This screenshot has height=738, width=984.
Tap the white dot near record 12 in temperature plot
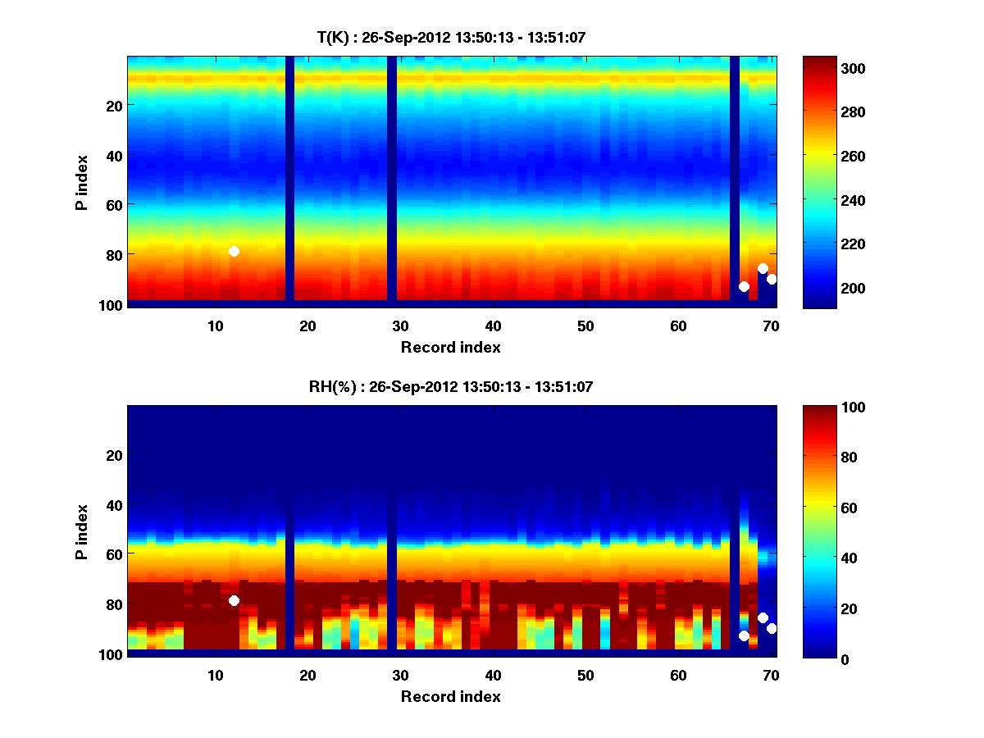point(234,251)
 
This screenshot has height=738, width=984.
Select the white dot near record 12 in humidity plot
point(234,600)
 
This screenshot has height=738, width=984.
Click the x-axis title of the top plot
point(451,347)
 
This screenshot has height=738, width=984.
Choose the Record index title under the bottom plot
point(451,696)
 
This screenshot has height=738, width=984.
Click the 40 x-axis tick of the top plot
point(493,325)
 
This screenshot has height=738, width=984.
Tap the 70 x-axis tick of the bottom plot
point(771,674)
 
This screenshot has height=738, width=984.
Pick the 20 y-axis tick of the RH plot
point(113,455)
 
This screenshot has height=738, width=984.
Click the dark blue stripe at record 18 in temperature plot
point(289,180)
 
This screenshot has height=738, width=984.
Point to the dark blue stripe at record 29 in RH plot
point(391,530)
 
